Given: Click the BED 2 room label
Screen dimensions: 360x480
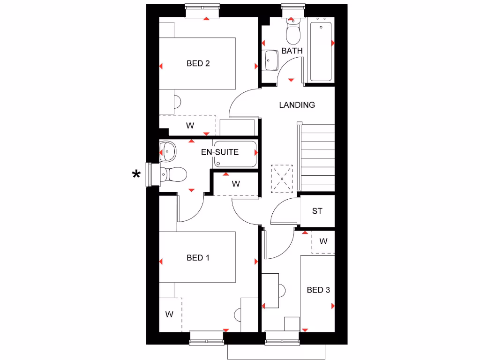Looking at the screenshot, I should click(198, 63).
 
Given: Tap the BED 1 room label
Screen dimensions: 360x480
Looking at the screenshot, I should click(198, 257).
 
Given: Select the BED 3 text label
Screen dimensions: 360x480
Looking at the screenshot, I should click(318, 290).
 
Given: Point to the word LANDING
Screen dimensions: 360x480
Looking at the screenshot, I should click(297, 105).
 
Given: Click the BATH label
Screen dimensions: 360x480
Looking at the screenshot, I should click(292, 51).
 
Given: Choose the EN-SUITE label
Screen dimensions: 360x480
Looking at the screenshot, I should click(220, 152).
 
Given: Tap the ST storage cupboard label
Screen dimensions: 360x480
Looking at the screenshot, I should click(317, 211).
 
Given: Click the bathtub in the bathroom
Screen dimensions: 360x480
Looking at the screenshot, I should click(321, 51).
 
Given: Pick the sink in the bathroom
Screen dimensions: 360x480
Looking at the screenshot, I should click(270, 60).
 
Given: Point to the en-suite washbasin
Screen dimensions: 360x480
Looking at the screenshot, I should click(167, 151).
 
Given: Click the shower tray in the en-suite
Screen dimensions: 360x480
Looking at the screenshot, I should click(235, 154).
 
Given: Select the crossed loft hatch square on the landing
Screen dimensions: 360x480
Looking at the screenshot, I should click(282, 179).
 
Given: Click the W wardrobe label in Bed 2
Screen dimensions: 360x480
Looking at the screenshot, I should click(190, 126).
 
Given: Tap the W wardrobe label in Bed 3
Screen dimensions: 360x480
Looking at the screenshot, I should click(323, 241).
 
